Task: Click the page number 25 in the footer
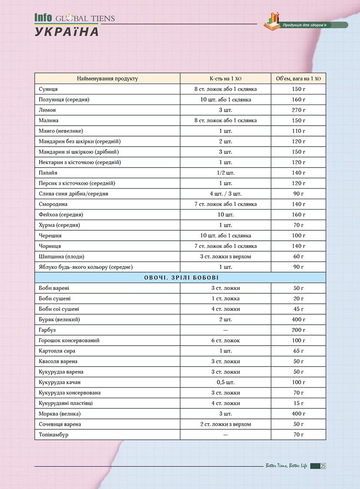tap(323, 466)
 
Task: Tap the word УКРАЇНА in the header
tap(67, 32)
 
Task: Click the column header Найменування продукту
tap(107, 78)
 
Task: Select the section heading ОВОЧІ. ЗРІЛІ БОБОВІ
tap(180, 277)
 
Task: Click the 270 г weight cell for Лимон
tap(298, 110)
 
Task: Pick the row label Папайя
tap(49, 172)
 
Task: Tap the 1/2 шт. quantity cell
tap(225, 172)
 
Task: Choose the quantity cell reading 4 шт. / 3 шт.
tap(225, 193)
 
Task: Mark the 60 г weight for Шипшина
tap(298, 256)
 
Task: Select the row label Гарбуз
tap(48, 330)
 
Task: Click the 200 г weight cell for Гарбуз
tap(298, 330)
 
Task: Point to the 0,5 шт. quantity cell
tap(225, 382)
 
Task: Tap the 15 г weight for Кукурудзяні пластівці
tap(298, 403)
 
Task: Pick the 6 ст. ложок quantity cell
tap(225, 340)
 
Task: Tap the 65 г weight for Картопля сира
tap(298, 351)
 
